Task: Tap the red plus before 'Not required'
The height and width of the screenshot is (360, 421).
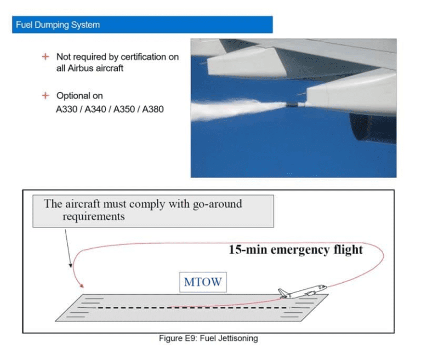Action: click(45, 57)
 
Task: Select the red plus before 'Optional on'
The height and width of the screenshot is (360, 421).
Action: click(45, 96)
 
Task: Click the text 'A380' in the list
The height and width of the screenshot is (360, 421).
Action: click(153, 110)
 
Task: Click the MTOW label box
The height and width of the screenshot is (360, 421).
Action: click(203, 282)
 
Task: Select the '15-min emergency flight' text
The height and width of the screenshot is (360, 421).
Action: click(295, 250)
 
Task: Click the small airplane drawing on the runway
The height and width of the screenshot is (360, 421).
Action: click(301, 291)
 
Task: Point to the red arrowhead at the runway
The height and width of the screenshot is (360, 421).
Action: click(82, 285)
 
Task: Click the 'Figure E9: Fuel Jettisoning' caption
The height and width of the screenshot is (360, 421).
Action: click(208, 338)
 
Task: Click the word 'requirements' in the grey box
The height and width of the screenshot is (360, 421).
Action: click(94, 216)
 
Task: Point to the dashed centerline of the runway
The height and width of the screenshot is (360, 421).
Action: click(192, 307)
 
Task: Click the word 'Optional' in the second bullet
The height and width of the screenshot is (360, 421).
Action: click(73, 96)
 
